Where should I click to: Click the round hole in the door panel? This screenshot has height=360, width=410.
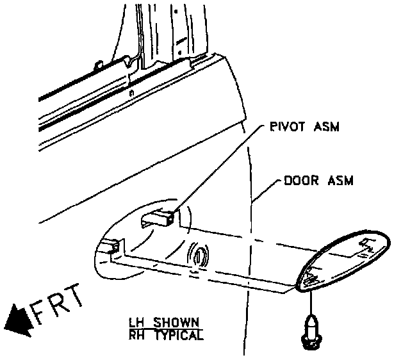point(199,256)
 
